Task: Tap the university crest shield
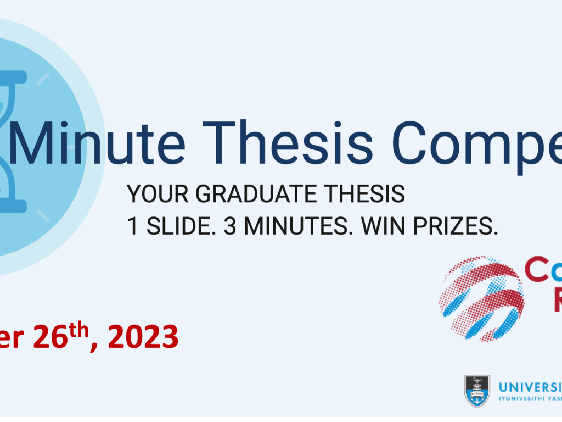(477, 391)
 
